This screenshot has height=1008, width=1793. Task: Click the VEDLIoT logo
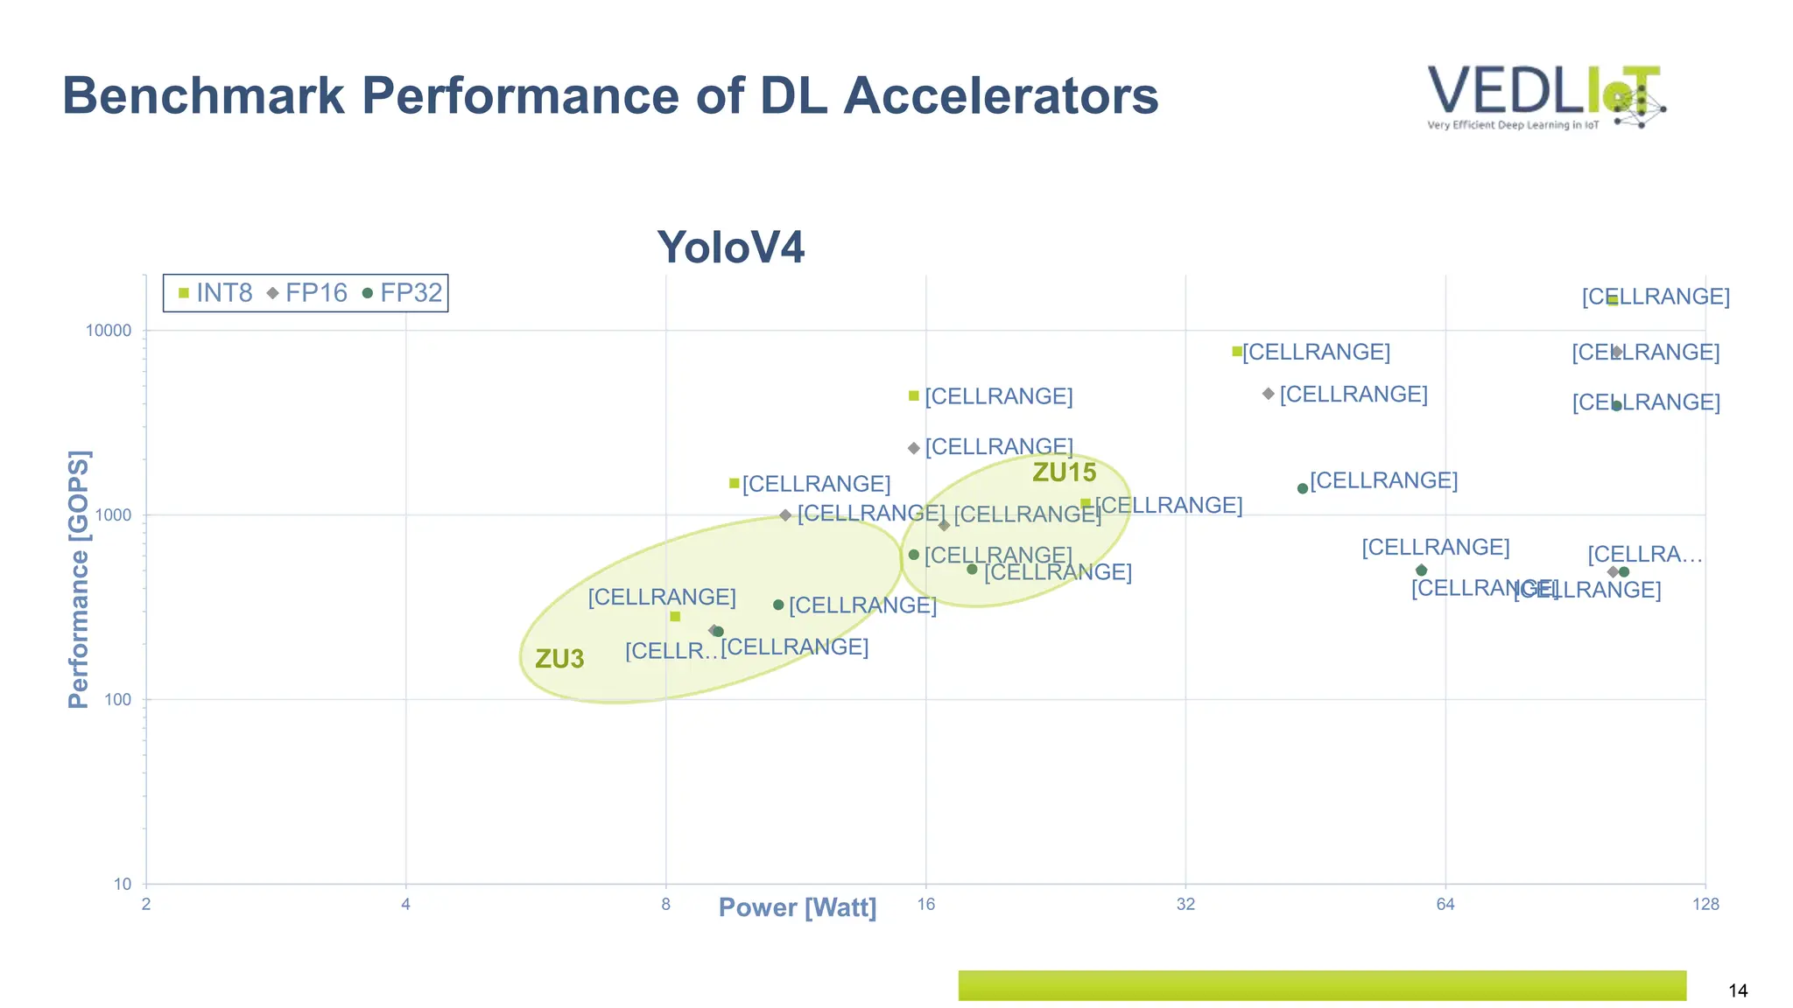1545,96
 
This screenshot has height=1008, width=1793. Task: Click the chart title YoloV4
730,247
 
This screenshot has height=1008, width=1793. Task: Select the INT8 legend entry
215,293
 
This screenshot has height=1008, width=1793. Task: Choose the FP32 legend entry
403,293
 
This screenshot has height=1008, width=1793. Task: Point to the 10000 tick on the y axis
108,331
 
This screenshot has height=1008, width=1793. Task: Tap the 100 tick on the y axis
117,699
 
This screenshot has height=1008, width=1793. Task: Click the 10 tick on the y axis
122,884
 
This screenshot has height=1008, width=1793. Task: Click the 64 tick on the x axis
1445,905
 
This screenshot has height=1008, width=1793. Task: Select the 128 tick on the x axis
1705,905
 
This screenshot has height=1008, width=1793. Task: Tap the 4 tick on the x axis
405,905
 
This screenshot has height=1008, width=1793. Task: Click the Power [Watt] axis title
797,907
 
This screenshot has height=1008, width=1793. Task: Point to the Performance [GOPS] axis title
79,579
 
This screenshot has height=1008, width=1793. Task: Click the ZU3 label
559,659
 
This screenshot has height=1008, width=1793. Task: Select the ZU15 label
1064,472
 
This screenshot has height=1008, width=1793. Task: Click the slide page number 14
1738,990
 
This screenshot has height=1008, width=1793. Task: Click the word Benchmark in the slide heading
203,95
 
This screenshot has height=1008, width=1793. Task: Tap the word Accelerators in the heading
1001,95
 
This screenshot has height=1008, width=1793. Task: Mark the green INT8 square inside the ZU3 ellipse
675,617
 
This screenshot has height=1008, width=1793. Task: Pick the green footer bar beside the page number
1322,985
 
